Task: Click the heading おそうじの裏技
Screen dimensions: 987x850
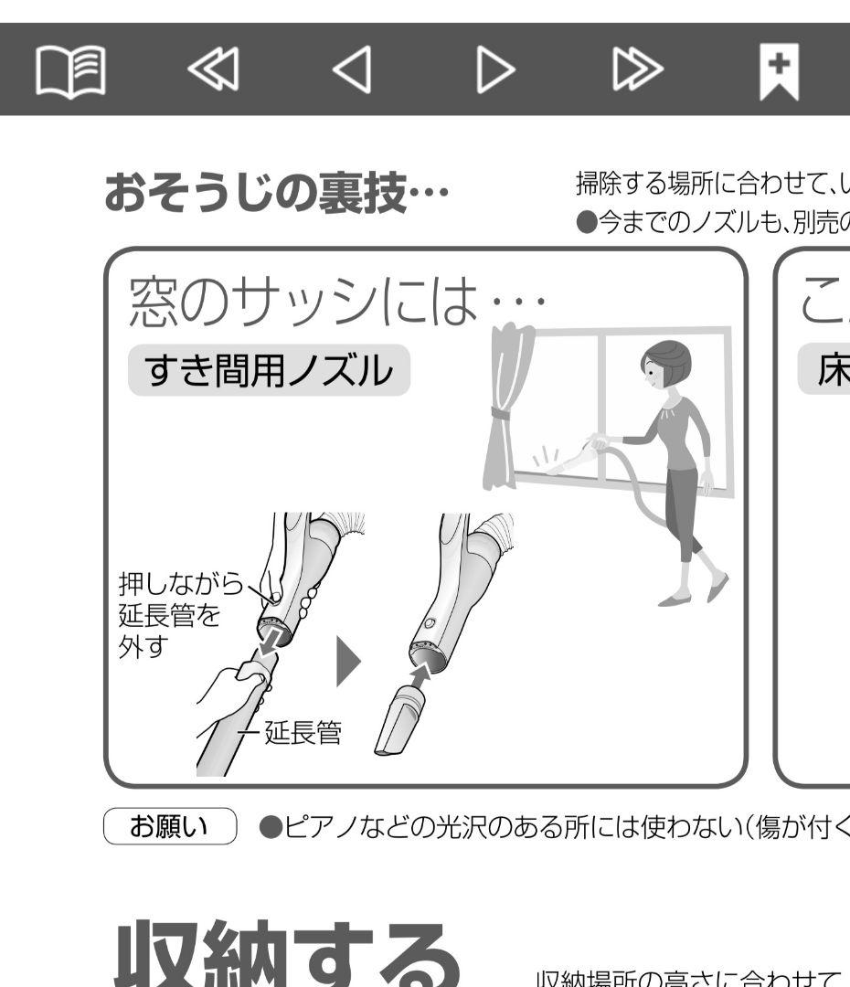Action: tap(277, 193)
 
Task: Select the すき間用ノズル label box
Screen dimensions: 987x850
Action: tap(269, 370)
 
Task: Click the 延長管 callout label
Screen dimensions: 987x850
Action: tap(303, 732)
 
